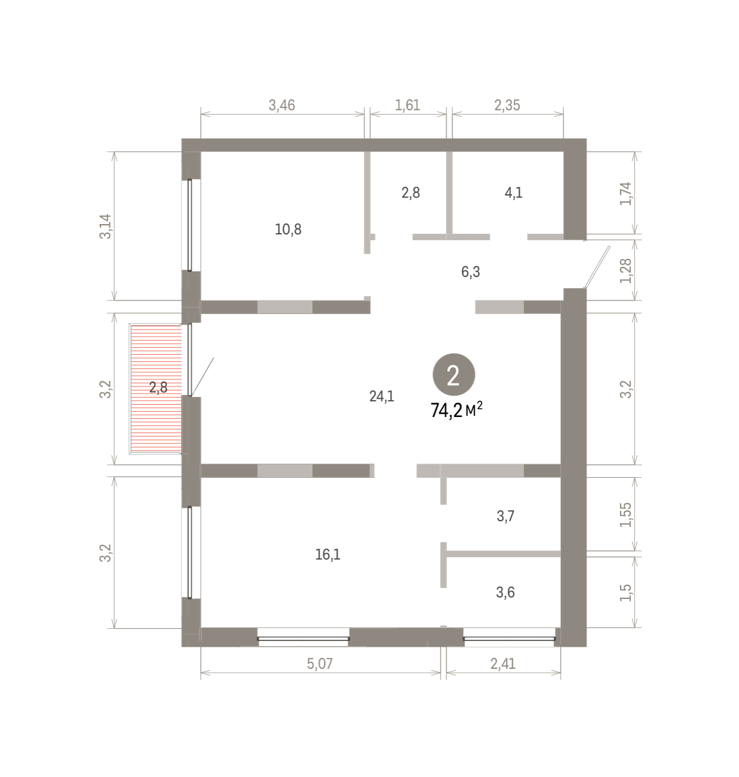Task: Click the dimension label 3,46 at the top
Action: point(281,105)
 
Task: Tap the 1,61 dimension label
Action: point(407,105)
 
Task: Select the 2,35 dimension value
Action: point(507,105)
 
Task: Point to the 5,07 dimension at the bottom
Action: point(320,664)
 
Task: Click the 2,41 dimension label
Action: point(503,664)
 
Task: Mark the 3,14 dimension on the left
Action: point(105,227)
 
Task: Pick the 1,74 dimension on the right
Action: point(626,194)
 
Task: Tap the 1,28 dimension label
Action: point(626,271)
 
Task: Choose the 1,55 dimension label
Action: point(626,515)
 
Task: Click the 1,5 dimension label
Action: point(626,592)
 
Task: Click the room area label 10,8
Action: point(288,229)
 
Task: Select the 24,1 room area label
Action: point(382,396)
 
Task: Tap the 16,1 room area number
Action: point(327,554)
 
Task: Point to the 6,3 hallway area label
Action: point(470,272)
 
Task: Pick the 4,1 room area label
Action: point(513,193)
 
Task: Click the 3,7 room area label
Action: point(505,516)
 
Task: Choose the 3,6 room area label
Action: point(505,592)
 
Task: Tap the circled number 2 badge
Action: point(454,375)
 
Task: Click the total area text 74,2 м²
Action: point(456,411)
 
